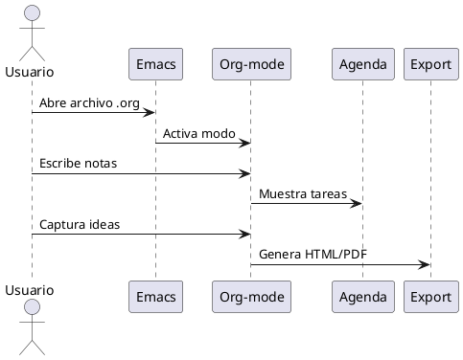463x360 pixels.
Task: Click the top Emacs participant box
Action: (155, 64)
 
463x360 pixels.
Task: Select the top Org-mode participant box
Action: (250, 64)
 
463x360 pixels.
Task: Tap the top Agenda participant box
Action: (363, 64)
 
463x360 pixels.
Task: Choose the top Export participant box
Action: (430, 64)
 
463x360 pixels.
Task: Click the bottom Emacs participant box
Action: (155, 298)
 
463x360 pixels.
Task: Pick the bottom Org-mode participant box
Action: (250, 298)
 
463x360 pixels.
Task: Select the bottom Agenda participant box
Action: (363, 298)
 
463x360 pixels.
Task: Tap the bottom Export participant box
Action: (430, 298)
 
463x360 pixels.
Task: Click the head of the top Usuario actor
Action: (31, 13)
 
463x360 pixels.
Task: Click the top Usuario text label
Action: (30, 72)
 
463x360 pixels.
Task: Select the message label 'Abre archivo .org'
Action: (88, 102)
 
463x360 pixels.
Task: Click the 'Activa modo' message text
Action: (198, 133)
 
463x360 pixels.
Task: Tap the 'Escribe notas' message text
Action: (78, 164)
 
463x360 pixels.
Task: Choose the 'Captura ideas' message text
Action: (80, 225)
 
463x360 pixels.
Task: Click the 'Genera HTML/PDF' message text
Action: (313, 256)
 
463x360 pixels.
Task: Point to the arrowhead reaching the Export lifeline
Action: (425, 264)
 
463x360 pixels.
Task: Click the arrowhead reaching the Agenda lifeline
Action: (358, 203)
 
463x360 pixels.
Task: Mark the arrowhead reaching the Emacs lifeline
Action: (150, 112)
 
